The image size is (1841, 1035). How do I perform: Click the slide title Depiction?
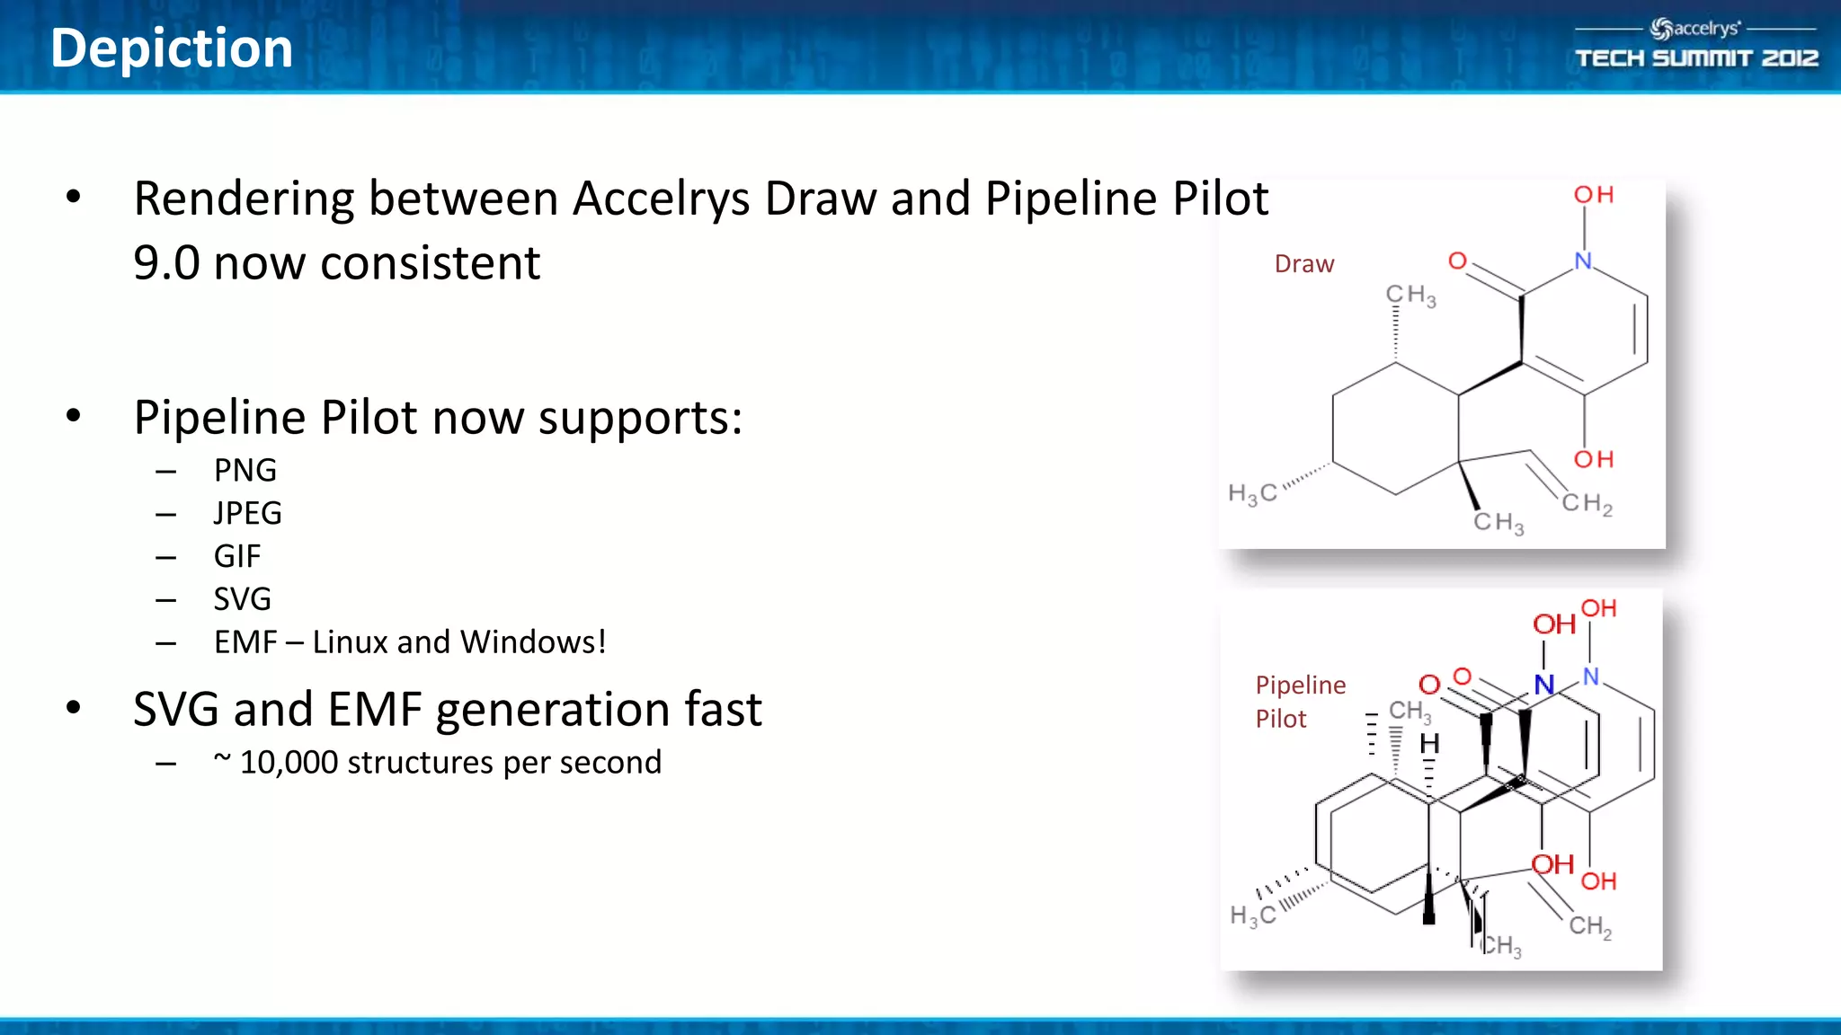pyautogui.click(x=172, y=49)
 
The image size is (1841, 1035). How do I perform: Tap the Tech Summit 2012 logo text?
pyautogui.click(x=1696, y=58)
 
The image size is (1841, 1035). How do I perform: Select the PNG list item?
pyautogui.click(x=245, y=470)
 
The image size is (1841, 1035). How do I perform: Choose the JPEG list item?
pyautogui.click(x=247, y=513)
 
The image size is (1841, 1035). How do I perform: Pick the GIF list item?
pyautogui.click(x=236, y=556)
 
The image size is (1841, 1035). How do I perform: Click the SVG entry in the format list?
pyautogui.click(x=242, y=599)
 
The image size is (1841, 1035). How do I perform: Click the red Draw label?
pyautogui.click(x=1303, y=264)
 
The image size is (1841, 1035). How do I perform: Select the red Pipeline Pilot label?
pyautogui.click(x=1300, y=702)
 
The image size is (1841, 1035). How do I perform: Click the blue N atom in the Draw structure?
pyautogui.click(x=1583, y=261)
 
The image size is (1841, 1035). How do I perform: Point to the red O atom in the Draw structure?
pyautogui.click(x=1457, y=261)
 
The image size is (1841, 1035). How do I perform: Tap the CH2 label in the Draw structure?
pyautogui.click(x=1587, y=504)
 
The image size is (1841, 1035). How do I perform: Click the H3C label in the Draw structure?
pyautogui.click(x=1252, y=493)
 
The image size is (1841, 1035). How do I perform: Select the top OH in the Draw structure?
pyautogui.click(x=1594, y=195)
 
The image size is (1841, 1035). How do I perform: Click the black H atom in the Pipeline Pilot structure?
pyautogui.click(x=1429, y=744)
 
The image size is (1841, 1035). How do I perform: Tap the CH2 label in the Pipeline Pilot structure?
pyautogui.click(x=1590, y=926)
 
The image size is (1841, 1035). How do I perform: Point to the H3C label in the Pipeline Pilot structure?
pyautogui.click(x=1253, y=916)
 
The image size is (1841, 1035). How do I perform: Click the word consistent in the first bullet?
pyautogui.click(x=431, y=263)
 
